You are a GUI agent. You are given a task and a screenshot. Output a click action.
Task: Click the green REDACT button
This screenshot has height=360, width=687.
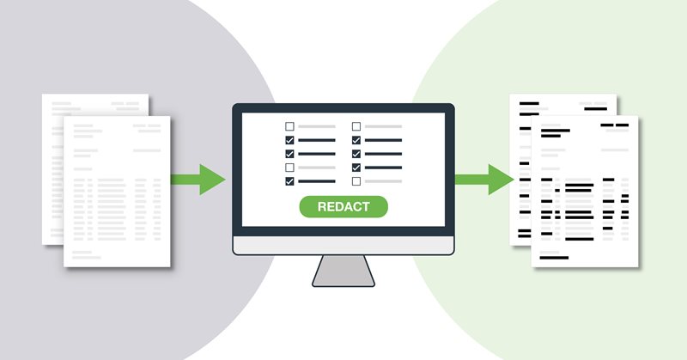343,206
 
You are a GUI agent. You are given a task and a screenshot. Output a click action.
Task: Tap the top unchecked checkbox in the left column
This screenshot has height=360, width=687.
289,126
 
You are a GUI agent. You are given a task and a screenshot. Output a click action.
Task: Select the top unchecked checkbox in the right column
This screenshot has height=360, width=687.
356,126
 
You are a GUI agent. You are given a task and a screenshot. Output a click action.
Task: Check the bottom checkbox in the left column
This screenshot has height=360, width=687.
289,181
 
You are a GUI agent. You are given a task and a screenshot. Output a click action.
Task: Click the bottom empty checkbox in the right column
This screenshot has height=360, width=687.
356,181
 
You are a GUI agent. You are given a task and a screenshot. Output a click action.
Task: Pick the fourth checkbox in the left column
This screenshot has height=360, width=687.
289,168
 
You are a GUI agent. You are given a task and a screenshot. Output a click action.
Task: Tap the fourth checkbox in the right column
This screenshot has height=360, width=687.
356,168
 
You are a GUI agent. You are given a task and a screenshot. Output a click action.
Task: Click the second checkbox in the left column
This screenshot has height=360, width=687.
289,140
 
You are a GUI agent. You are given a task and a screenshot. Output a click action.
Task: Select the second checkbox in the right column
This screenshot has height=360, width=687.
356,140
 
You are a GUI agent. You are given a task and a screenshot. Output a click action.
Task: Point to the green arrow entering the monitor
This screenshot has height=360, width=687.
198,180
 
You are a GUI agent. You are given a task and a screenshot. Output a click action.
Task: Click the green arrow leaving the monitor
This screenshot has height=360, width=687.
484,180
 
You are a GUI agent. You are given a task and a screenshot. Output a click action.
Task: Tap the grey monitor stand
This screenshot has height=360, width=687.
343,271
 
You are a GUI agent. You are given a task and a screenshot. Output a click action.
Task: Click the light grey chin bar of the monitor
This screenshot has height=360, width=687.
343,246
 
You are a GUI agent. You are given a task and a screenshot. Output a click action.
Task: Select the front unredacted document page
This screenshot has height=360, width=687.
117,192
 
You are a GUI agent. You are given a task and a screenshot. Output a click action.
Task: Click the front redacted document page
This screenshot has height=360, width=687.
585,192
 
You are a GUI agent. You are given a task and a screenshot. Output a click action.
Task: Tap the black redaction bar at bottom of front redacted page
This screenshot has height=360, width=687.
554,258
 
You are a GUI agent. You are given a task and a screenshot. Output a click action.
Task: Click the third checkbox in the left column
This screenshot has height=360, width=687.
289,154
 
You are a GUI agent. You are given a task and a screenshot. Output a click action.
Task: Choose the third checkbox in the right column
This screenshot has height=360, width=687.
356,154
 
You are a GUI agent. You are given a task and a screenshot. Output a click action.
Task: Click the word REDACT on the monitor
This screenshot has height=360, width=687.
343,206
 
